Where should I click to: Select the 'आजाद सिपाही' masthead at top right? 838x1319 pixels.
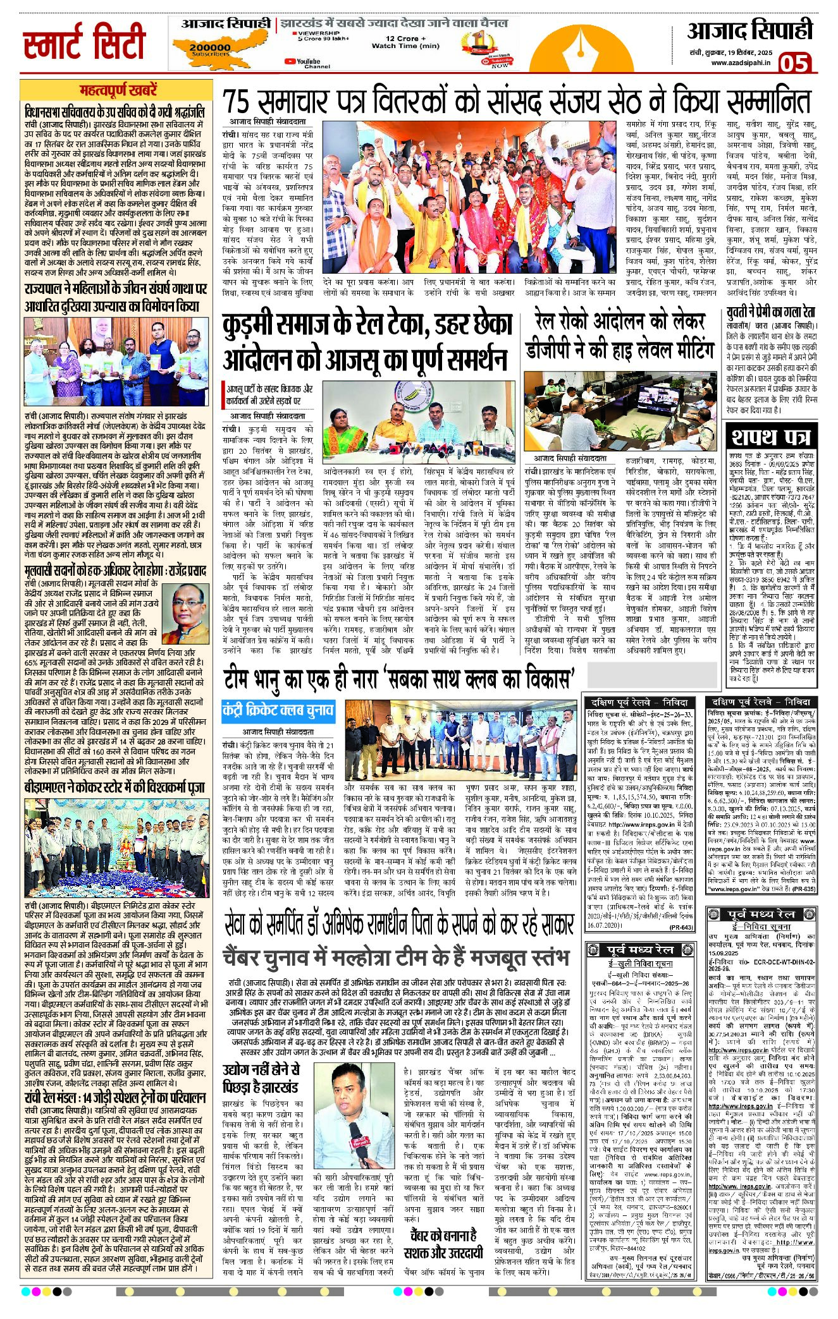pos(749,32)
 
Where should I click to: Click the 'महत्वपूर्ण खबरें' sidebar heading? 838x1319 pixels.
pos(118,90)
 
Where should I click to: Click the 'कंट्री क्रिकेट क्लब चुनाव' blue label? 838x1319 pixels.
pos(278,710)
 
